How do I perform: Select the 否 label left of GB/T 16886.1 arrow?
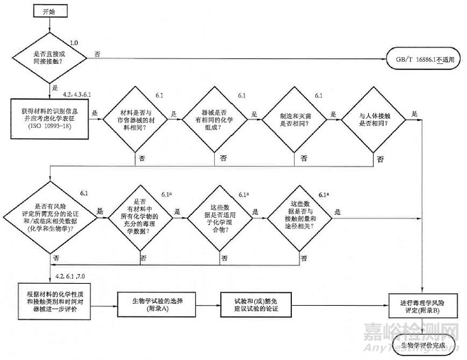(x=97, y=54)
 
